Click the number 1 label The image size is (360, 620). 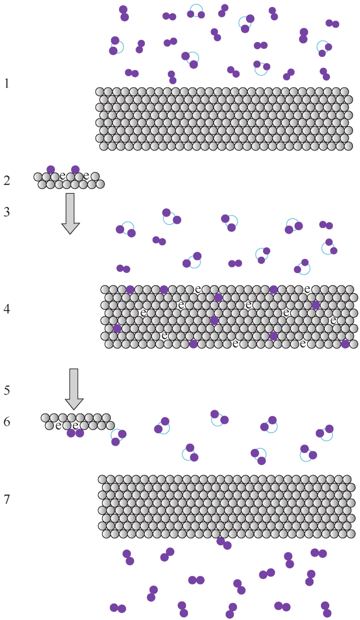pyautogui.click(x=6, y=83)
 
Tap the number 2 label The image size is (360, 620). pyautogui.click(x=6, y=180)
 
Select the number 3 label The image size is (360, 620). pyautogui.click(x=6, y=212)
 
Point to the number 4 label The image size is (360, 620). pyautogui.click(x=6, y=309)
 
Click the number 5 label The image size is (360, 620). pyautogui.click(x=6, y=390)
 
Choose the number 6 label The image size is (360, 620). pyautogui.click(x=6, y=422)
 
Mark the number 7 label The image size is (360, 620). pyautogui.click(x=6, y=499)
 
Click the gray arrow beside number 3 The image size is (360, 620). pyautogui.click(x=70, y=213)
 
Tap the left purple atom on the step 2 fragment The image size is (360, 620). pyautogui.click(x=51, y=169)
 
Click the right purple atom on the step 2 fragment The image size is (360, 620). pyautogui.click(x=75, y=169)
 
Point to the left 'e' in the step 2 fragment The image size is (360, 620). pyautogui.click(x=62, y=176)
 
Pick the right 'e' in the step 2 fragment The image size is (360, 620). pyautogui.click(x=86, y=176)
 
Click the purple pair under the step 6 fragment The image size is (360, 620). pyautogui.click(x=75, y=433)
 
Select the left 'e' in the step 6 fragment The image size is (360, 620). pyautogui.click(x=58, y=425)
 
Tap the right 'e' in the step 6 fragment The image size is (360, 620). pyautogui.click(x=75, y=425)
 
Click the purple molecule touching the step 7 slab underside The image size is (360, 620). pyautogui.click(x=224, y=543)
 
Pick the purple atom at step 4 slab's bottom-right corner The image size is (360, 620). pyautogui.click(x=345, y=344)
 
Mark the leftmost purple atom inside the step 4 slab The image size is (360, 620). pyautogui.click(x=117, y=328)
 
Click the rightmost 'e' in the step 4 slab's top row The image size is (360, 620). pyautogui.click(x=307, y=289)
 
